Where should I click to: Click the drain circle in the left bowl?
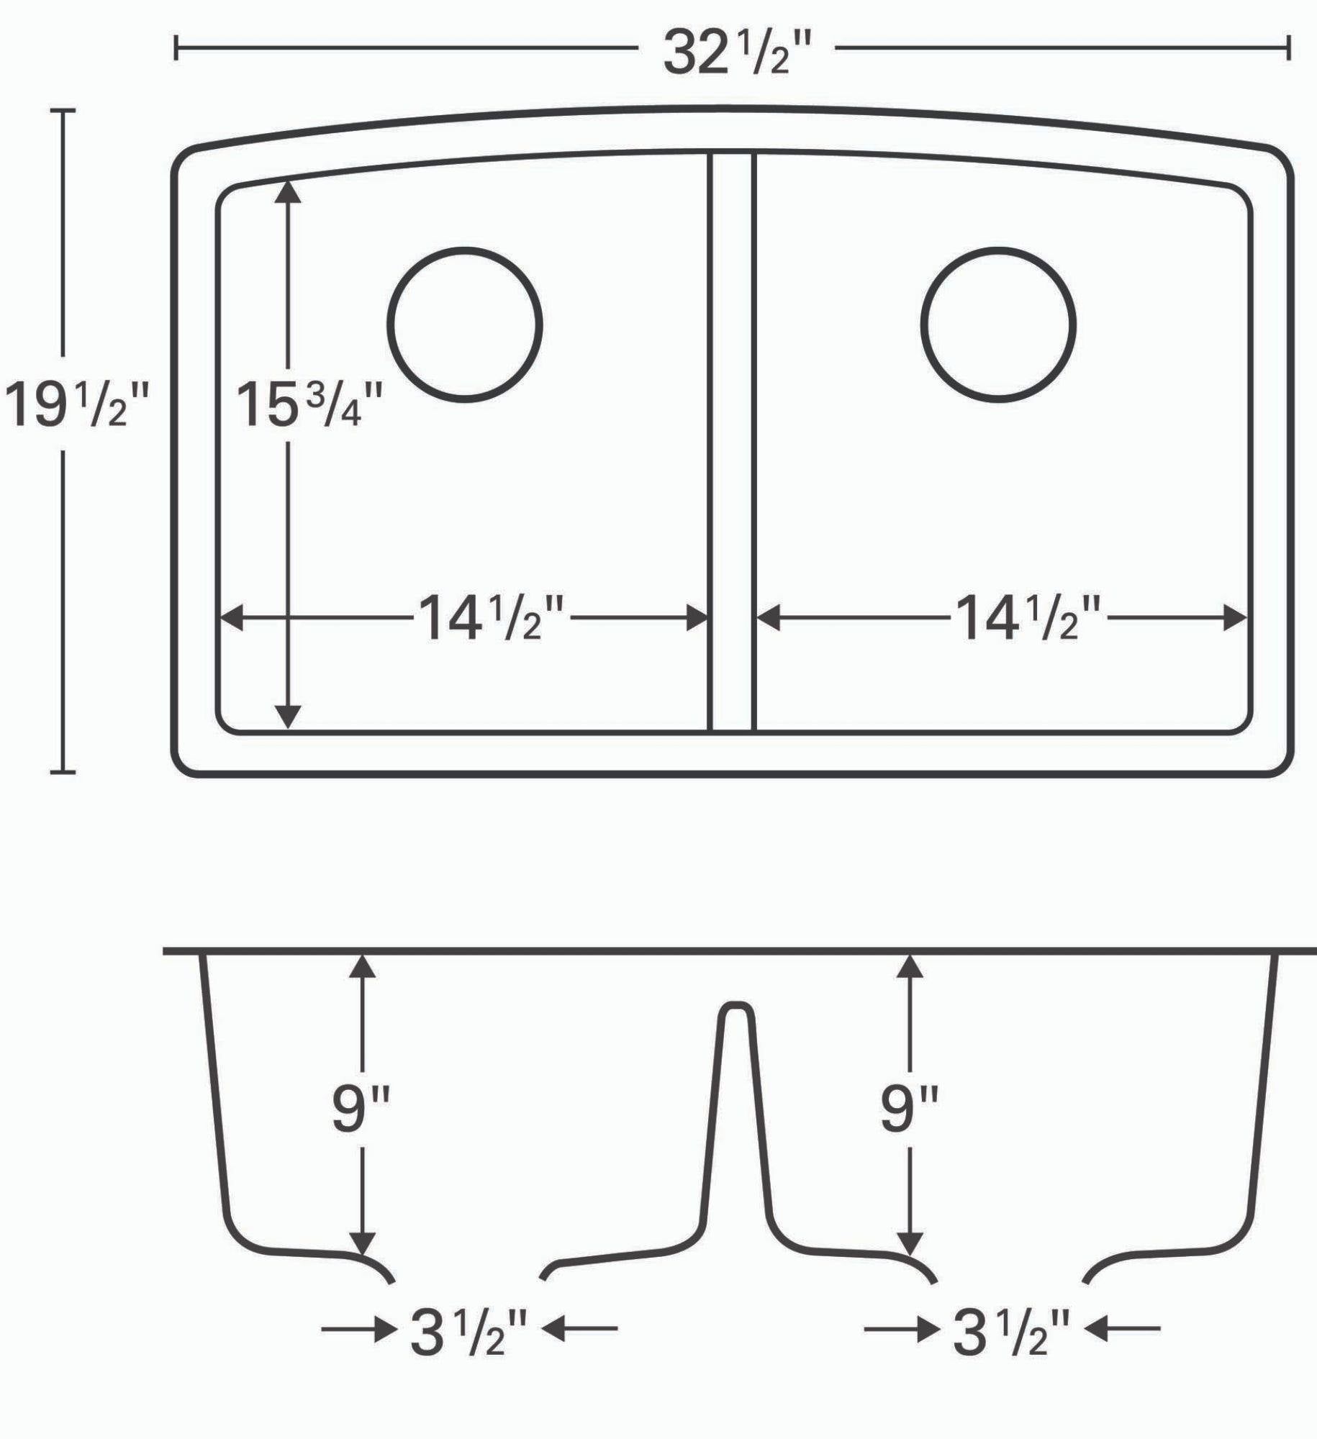pyautogui.click(x=464, y=324)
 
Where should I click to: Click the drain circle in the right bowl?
pyautogui.click(x=998, y=324)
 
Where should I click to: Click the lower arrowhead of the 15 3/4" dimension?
pyautogui.click(x=289, y=717)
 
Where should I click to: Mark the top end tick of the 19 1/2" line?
pyautogui.click(x=63, y=111)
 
